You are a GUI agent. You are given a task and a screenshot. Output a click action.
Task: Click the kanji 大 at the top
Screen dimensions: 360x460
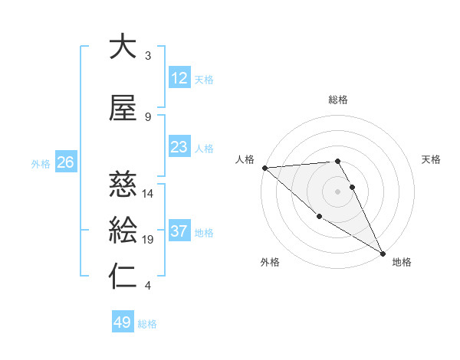[123, 47]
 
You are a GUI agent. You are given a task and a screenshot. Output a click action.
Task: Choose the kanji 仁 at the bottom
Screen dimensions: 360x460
[123, 277]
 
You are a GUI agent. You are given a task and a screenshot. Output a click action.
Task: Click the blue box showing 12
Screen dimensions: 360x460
[179, 78]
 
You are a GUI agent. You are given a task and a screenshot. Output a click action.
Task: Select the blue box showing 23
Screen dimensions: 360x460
[179, 148]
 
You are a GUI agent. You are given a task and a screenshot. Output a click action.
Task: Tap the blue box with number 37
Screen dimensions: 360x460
[179, 231]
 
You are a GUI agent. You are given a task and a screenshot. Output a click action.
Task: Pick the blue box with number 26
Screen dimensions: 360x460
[65, 162]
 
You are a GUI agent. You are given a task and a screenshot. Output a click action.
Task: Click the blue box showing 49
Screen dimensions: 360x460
[123, 322]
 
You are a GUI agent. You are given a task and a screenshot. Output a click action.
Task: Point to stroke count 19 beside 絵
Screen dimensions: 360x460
[149, 240]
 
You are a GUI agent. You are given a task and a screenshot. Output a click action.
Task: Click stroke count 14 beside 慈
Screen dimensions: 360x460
[149, 194]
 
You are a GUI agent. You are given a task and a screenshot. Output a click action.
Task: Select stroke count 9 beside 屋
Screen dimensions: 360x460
[148, 117]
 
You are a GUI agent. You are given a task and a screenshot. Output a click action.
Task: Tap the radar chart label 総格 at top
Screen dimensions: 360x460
[338, 100]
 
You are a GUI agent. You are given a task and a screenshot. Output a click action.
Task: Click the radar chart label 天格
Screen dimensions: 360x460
[431, 159]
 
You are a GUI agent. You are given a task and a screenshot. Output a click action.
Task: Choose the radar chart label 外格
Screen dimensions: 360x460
[270, 262]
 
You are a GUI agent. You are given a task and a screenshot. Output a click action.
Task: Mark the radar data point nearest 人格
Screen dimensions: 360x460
[264, 168]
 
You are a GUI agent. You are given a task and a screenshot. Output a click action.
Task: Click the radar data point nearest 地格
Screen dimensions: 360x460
[383, 254]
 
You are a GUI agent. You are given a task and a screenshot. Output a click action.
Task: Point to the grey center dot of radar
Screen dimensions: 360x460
[337, 191]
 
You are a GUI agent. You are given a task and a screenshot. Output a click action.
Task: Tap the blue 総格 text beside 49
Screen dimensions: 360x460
[147, 324]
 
